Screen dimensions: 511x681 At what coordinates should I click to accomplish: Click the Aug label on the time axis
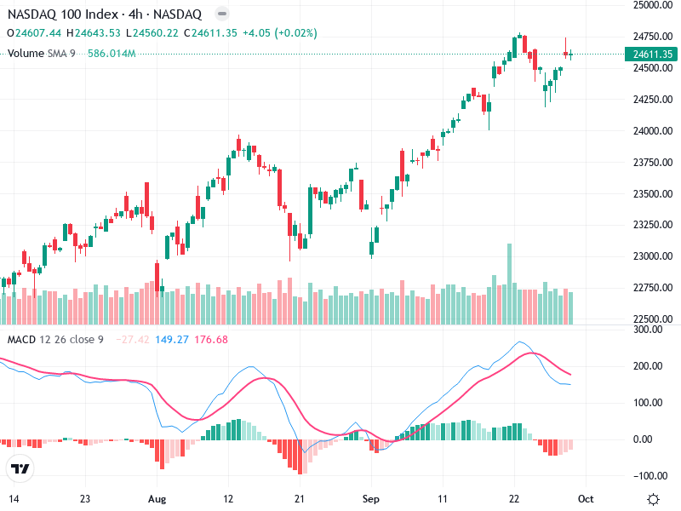coord(156,498)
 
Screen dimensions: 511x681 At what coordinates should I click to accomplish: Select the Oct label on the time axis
coord(586,498)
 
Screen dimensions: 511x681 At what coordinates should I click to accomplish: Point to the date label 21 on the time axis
coord(299,498)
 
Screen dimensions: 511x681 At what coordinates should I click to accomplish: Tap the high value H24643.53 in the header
coord(94,33)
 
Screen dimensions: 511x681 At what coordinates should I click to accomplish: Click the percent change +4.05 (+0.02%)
coord(278,33)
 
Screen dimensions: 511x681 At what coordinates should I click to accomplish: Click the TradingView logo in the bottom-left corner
coord(20,468)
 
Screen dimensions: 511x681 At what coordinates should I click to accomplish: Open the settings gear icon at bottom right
coord(653,499)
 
